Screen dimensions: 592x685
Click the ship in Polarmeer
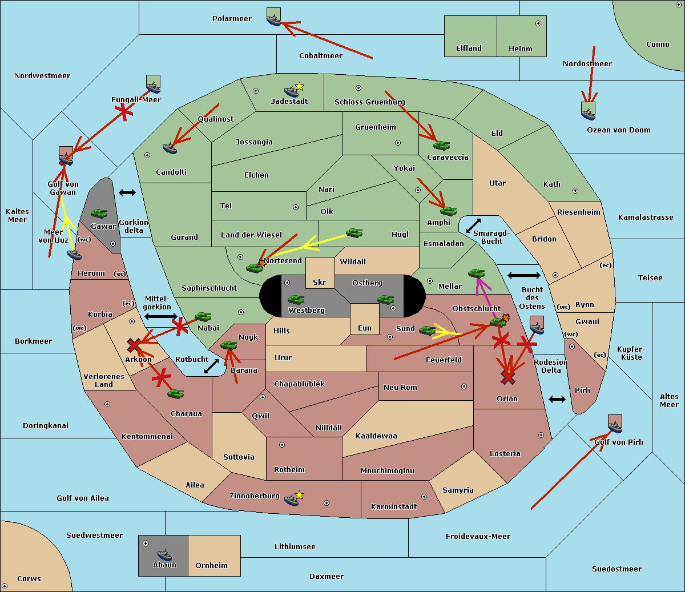tap(274, 20)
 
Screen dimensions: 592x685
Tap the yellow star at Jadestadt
tap(299, 86)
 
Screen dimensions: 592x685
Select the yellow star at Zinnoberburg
tap(299, 495)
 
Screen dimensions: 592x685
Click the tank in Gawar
tap(99, 214)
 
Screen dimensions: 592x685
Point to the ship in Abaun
tap(164, 555)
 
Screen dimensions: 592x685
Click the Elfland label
tap(469, 49)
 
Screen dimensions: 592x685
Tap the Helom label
tap(520, 49)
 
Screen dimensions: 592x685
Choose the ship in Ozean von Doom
tap(588, 113)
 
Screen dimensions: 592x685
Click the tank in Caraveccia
tap(441, 146)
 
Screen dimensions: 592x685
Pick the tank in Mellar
tap(476, 274)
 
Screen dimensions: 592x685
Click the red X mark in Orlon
tap(507, 377)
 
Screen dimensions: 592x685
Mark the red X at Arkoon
tap(134, 345)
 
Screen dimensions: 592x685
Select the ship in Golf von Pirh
tap(615, 427)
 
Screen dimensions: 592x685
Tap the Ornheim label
tap(211, 566)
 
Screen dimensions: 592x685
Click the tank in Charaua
tap(175, 393)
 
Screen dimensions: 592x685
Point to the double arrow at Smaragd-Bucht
tap(473, 226)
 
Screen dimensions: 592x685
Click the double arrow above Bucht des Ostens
tap(523, 276)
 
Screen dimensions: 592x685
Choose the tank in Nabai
tap(203, 317)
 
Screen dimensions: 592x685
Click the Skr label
tap(320, 283)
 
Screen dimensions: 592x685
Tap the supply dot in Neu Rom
tap(464, 386)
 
